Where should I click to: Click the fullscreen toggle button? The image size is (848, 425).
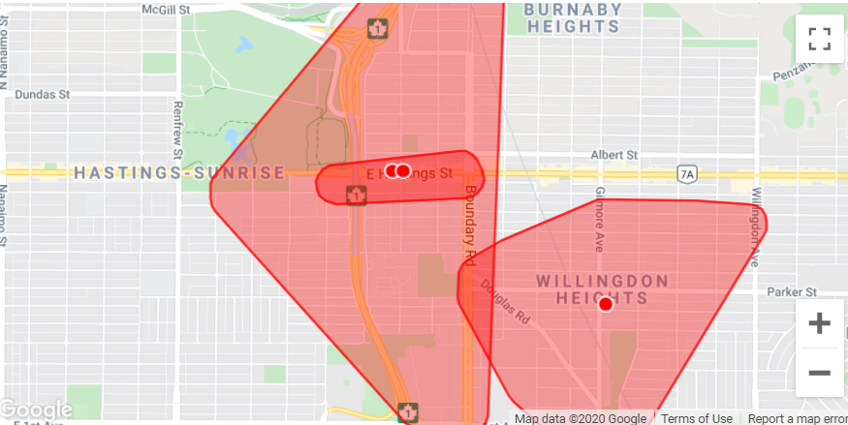click(x=819, y=39)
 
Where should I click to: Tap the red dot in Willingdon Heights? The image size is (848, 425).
click(x=606, y=304)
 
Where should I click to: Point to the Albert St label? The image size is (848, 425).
click(x=614, y=155)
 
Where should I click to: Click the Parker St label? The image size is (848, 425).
click(x=792, y=290)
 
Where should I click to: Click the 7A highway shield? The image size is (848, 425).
click(x=688, y=174)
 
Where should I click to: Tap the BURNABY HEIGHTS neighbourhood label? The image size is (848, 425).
click(x=573, y=18)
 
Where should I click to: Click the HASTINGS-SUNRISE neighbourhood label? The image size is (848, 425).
click(x=180, y=173)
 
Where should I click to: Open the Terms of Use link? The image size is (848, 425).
click(x=696, y=418)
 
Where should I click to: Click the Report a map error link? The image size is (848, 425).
click(x=797, y=418)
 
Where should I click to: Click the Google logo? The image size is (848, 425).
click(x=37, y=410)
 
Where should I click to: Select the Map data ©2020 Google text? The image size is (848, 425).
click(x=581, y=418)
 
